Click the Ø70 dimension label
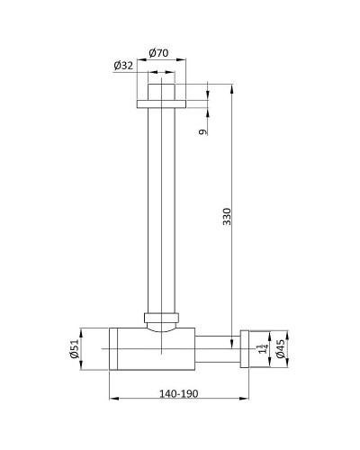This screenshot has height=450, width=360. click(x=160, y=51)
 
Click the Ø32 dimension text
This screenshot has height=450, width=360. click(x=125, y=65)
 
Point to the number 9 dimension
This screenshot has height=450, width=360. click(x=204, y=131)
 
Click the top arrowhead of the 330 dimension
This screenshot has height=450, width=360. click(x=232, y=88)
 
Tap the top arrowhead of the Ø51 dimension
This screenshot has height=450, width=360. click(x=86, y=329)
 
